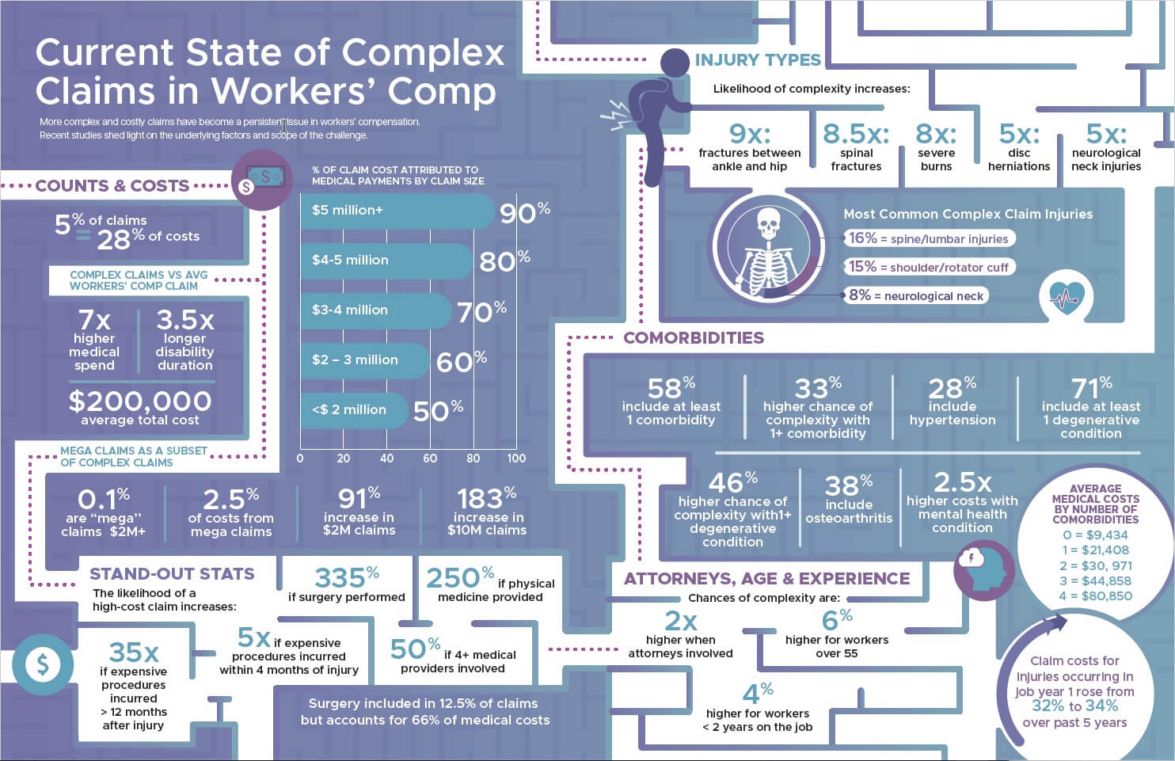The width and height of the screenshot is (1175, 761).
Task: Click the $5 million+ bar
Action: (x=396, y=211)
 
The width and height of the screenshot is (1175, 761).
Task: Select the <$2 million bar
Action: (x=353, y=410)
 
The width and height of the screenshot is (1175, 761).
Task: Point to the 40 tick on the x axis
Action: (x=386, y=458)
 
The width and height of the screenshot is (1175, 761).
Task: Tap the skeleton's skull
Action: (x=767, y=223)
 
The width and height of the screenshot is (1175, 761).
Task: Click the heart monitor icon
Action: (x=1066, y=296)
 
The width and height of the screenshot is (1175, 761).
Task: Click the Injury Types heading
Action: (x=757, y=60)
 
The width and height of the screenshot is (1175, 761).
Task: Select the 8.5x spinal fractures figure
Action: (x=856, y=134)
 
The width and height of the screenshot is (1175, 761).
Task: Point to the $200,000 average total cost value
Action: (x=140, y=401)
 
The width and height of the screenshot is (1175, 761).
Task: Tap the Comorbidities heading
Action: (x=694, y=338)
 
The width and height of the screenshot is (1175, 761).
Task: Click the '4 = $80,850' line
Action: (x=1095, y=595)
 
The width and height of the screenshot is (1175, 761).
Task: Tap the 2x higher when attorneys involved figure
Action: (x=680, y=621)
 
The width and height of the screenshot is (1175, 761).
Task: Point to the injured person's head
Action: (x=675, y=63)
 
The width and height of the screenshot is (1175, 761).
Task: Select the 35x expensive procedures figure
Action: (x=133, y=653)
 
